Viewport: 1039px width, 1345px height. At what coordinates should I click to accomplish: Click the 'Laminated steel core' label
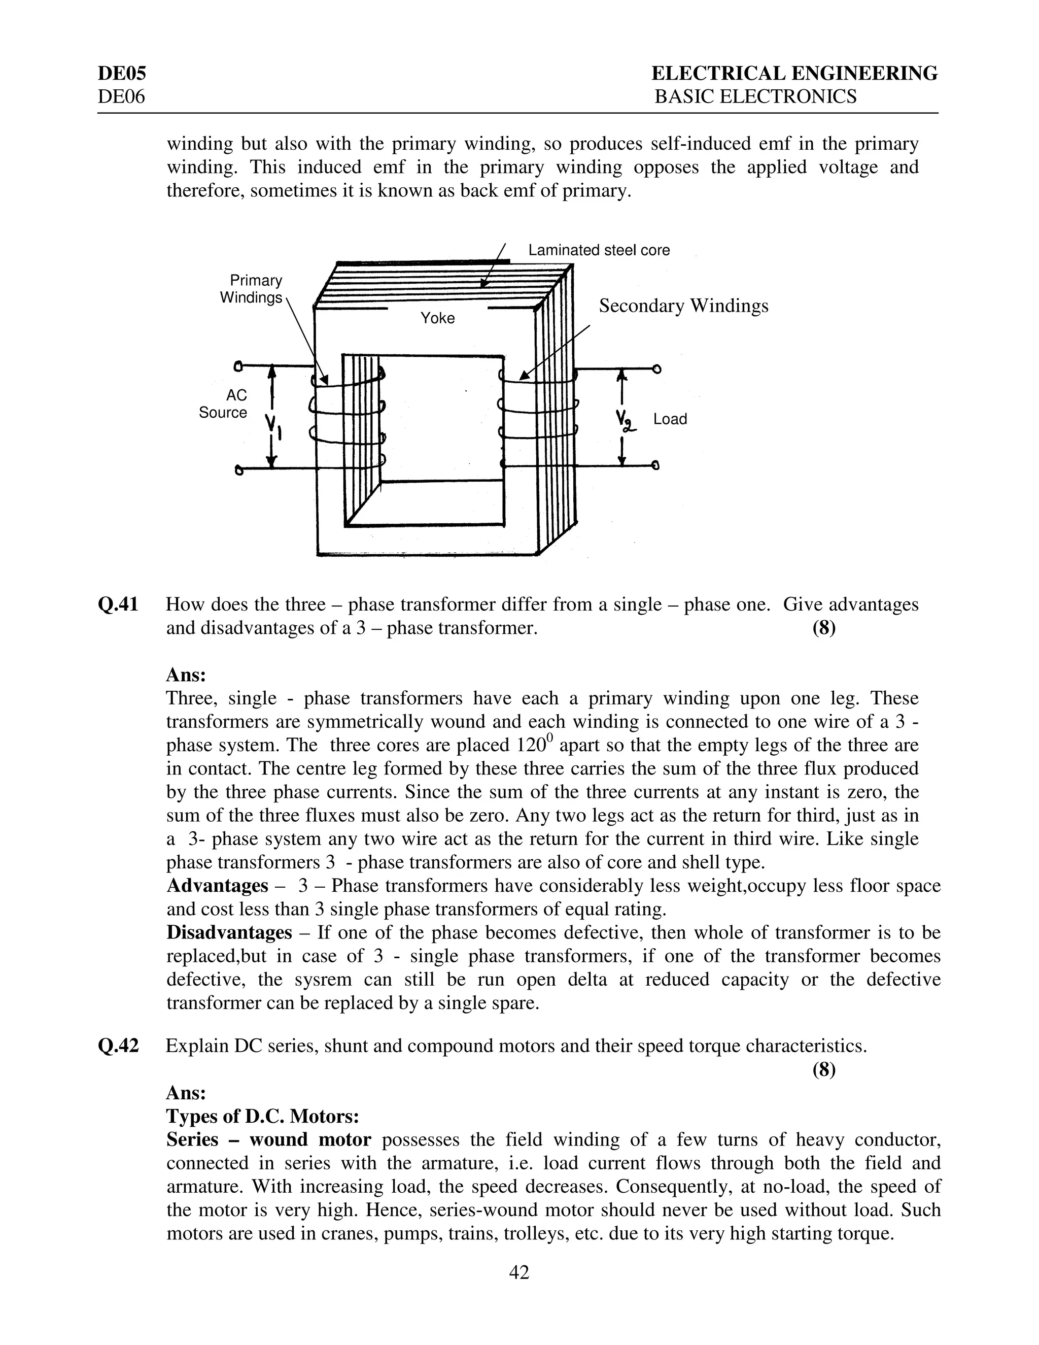coord(598,250)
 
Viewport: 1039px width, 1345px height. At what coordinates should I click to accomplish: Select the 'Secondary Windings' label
coord(683,306)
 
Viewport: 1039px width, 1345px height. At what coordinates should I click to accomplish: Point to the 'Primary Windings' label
coord(251,289)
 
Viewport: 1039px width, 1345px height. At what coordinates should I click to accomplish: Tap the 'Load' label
coord(670,419)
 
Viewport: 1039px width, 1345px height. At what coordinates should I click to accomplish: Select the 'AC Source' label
coord(223,404)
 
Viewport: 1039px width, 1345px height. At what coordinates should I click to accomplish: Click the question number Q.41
coord(118,605)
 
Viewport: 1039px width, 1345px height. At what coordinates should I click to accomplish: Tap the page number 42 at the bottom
coord(519,1272)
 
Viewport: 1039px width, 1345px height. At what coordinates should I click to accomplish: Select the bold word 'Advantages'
coord(217,886)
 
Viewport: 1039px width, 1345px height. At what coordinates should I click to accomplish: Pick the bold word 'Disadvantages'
coord(229,933)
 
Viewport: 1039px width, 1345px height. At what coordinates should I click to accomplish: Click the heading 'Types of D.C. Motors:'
coord(263,1117)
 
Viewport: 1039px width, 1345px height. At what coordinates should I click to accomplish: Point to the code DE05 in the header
coord(122,74)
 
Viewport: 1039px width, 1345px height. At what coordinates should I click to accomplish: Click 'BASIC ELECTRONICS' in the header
coord(755,96)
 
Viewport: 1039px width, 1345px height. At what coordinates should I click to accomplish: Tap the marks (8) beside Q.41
coord(823,628)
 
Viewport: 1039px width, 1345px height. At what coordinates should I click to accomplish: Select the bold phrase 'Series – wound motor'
coord(268,1140)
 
